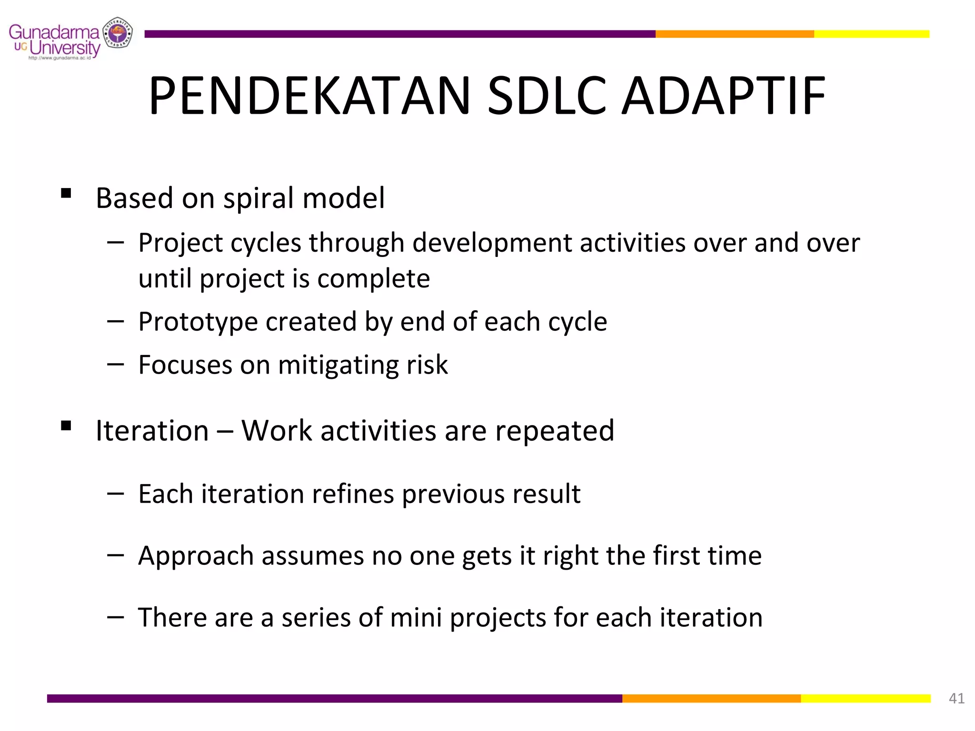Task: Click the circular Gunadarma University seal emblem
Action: pyautogui.click(x=118, y=33)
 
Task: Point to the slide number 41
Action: pyautogui.click(x=956, y=698)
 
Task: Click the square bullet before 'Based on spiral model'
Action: pyautogui.click(x=66, y=193)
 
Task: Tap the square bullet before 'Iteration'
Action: pyautogui.click(x=66, y=425)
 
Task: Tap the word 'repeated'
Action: pyautogui.click(x=555, y=431)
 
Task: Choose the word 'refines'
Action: pyautogui.click(x=353, y=494)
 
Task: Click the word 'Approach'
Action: pyautogui.click(x=196, y=556)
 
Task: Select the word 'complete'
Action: pyautogui.click(x=374, y=279)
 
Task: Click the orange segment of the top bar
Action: pyautogui.click(x=734, y=34)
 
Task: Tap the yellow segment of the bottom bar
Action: pyautogui.click(x=865, y=698)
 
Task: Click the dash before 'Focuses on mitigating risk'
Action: pyautogui.click(x=115, y=364)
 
